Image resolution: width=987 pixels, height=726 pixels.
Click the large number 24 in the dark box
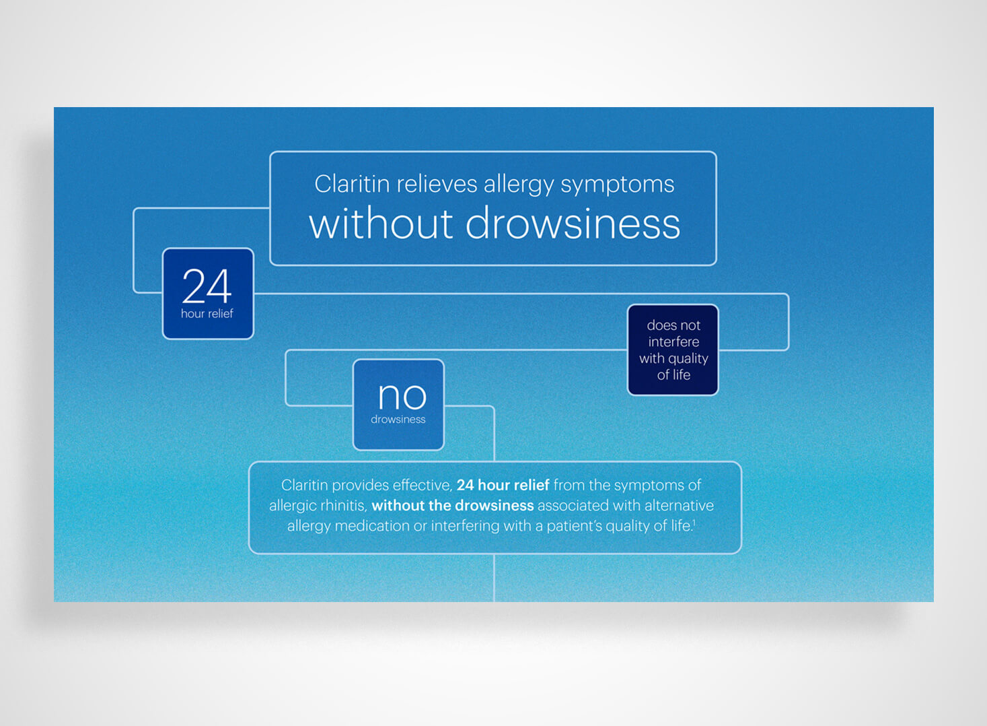pyautogui.click(x=207, y=286)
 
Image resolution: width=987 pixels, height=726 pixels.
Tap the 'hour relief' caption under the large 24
pyautogui.click(x=207, y=314)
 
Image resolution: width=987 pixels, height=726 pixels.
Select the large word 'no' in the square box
pyautogui.click(x=402, y=396)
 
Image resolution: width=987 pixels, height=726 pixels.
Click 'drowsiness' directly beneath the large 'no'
pyautogui.click(x=398, y=420)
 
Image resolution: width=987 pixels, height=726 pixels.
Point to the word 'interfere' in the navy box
pyautogui.click(x=673, y=342)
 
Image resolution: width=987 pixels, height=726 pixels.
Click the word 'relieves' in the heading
pyautogui.click(x=436, y=184)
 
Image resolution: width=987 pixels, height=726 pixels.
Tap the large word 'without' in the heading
pyautogui.click(x=381, y=224)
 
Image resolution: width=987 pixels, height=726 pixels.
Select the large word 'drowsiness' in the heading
pyautogui.click(x=573, y=224)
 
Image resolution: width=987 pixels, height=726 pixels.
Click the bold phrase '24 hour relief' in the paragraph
pyautogui.click(x=503, y=485)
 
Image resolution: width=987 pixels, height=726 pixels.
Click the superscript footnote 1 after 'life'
pyautogui.click(x=694, y=522)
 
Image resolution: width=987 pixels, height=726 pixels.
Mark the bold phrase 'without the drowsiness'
pyautogui.click(x=453, y=506)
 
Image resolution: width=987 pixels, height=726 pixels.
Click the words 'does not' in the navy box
pyautogui.click(x=673, y=325)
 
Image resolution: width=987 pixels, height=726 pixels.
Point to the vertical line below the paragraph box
pyautogui.click(x=494, y=578)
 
